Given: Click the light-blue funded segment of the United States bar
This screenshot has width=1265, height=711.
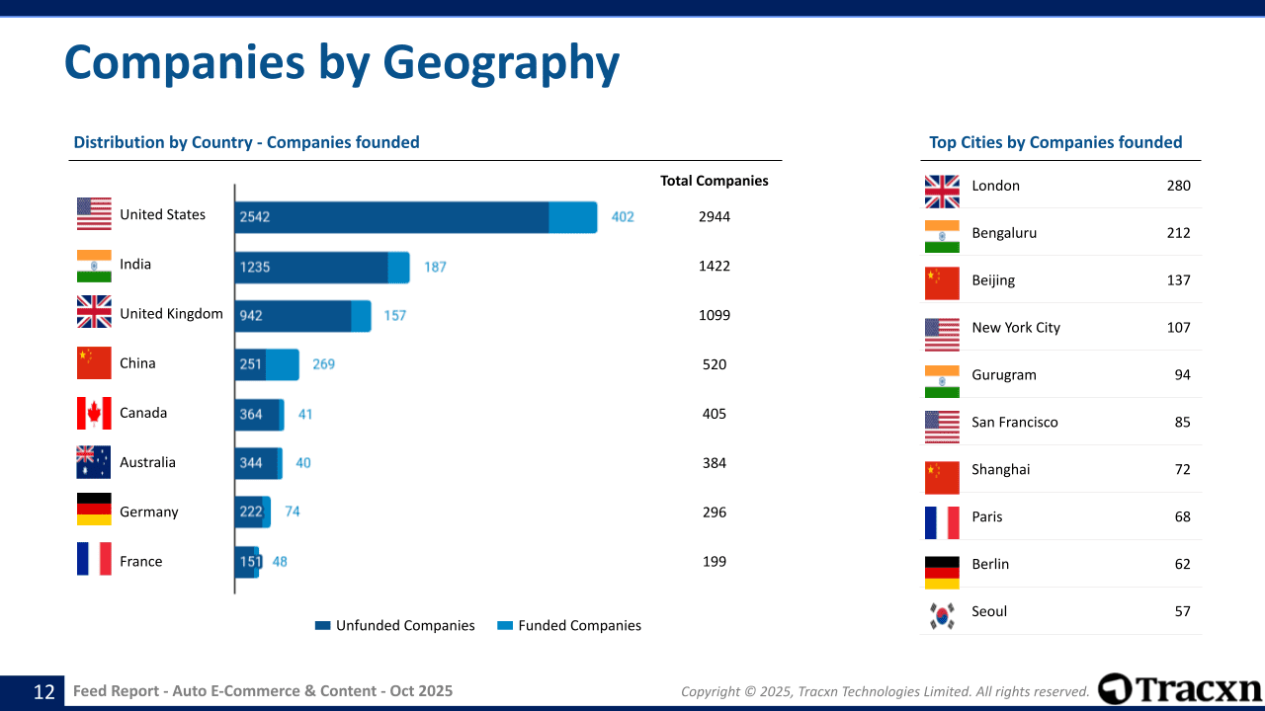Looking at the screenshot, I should pyautogui.click(x=573, y=217).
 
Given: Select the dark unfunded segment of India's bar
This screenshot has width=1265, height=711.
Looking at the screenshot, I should pyautogui.click(x=311, y=267).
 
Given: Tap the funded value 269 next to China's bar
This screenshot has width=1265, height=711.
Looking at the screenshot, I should pyautogui.click(x=324, y=364).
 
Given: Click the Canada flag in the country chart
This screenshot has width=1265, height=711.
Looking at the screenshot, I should pyautogui.click(x=94, y=413).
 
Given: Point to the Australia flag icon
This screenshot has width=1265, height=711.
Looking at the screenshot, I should pyautogui.click(x=94, y=462).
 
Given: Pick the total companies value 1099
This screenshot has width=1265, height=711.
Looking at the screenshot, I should pyautogui.click(x=714, y=315).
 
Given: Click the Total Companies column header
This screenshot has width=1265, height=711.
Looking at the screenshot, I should pyautogui.click(x=714, y=181).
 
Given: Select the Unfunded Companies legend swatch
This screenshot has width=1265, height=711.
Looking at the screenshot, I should pyautogui.click(x=322, y=625).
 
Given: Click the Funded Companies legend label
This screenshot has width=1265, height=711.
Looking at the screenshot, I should pyautogui.click(x=579, y=625).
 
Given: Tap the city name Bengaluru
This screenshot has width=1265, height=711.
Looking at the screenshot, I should pyautogui.click(x=1004, y=233).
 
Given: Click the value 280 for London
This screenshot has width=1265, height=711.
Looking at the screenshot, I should pyautogui.click(x=1178, y=186).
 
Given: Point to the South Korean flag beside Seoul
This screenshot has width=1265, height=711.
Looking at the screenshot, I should pyautogui.click(x=942, y=615).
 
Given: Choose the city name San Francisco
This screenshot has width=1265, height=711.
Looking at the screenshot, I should pyautogui.click(x=1014, y=423).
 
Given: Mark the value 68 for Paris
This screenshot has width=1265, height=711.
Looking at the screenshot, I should pyautogui.click(x=1182, y=516).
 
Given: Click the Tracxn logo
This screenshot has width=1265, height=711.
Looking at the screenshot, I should pyautogui.click(x=1180, y=688).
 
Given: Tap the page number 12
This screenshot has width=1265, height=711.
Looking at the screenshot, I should pyautogui.click(x=44, y=691).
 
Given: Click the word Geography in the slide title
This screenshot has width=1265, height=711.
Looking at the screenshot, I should pyautogui.click(x=501, y=62).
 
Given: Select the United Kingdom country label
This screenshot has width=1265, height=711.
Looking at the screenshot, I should pyautogui.click(x=171, y=314).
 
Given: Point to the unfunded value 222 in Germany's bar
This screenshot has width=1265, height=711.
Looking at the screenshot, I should pyautogui.click(x=251, y=512).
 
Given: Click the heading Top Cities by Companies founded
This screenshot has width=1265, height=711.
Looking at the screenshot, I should pyautogui.click(x=1055, y=142).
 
